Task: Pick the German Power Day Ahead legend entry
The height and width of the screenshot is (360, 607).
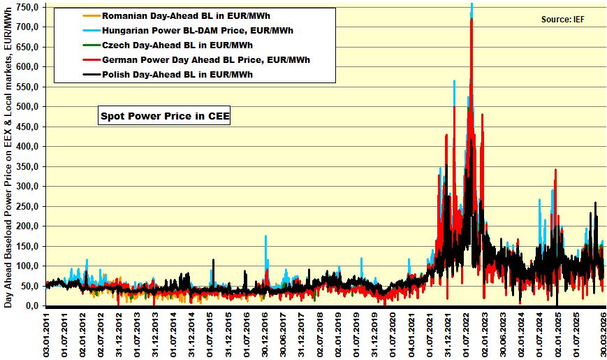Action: tap(205, 60)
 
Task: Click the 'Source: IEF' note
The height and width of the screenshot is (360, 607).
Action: tap(562, 19)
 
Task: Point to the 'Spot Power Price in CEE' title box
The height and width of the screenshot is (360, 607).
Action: tap(164, 117)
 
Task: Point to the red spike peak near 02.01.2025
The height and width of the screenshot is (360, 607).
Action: tap(555, 170)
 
